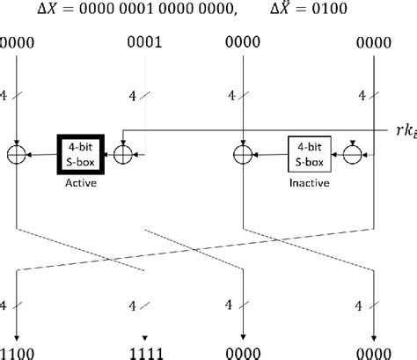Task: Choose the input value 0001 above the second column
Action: [x=144, y=40]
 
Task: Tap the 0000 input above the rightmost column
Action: [x=377, y=40]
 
